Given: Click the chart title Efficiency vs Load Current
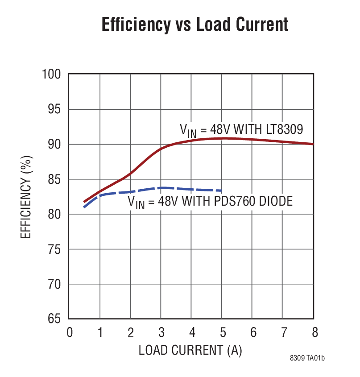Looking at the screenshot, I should coord(194,25).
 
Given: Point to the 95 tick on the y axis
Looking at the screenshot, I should coord(55,109).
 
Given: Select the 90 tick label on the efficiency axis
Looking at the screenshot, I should coord(55,144).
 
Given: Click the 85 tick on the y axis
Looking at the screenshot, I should coord(55,179).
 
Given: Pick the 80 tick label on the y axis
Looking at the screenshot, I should coord(55,214).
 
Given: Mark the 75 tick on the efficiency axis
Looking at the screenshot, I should coord(55,249).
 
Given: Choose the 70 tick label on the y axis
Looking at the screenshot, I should coord(55,284).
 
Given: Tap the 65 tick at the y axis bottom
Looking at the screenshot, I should coord(55,319).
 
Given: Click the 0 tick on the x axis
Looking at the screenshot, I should coord(70,333).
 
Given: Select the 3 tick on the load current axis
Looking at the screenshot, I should coord(161,333).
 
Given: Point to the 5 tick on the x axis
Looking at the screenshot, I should coord(222,333).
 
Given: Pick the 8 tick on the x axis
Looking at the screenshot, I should coord(314,333).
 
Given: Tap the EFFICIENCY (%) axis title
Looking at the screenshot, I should coord(26,197).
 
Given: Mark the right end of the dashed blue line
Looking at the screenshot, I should coord(222,191).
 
